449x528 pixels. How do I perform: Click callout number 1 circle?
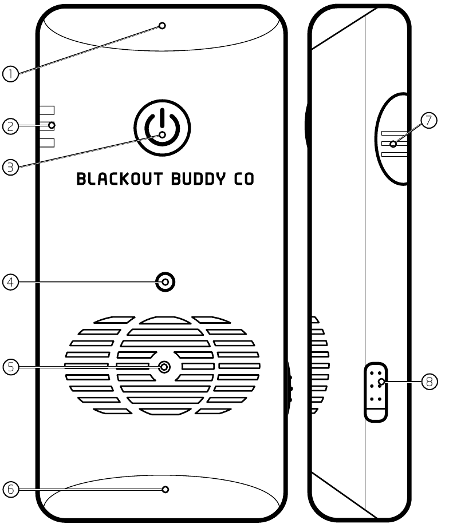10,74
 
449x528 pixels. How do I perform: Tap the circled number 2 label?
10,126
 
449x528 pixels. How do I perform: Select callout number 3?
10,167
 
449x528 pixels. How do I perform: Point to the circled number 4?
10,282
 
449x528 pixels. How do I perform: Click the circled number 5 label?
11,367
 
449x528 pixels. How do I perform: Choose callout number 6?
11,489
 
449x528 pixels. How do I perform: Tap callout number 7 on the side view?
429,120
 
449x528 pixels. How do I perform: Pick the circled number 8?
430,382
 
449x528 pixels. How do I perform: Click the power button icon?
162,128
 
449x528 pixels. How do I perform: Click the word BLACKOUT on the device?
120,179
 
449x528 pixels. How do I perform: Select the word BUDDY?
198,179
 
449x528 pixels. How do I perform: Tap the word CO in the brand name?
244,179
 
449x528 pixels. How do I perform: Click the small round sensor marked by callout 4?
165,282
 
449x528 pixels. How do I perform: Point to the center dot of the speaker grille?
164,367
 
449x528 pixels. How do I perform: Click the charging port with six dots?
376,392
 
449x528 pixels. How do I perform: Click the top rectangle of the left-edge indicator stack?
47,110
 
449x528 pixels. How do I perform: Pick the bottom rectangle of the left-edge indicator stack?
47,143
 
